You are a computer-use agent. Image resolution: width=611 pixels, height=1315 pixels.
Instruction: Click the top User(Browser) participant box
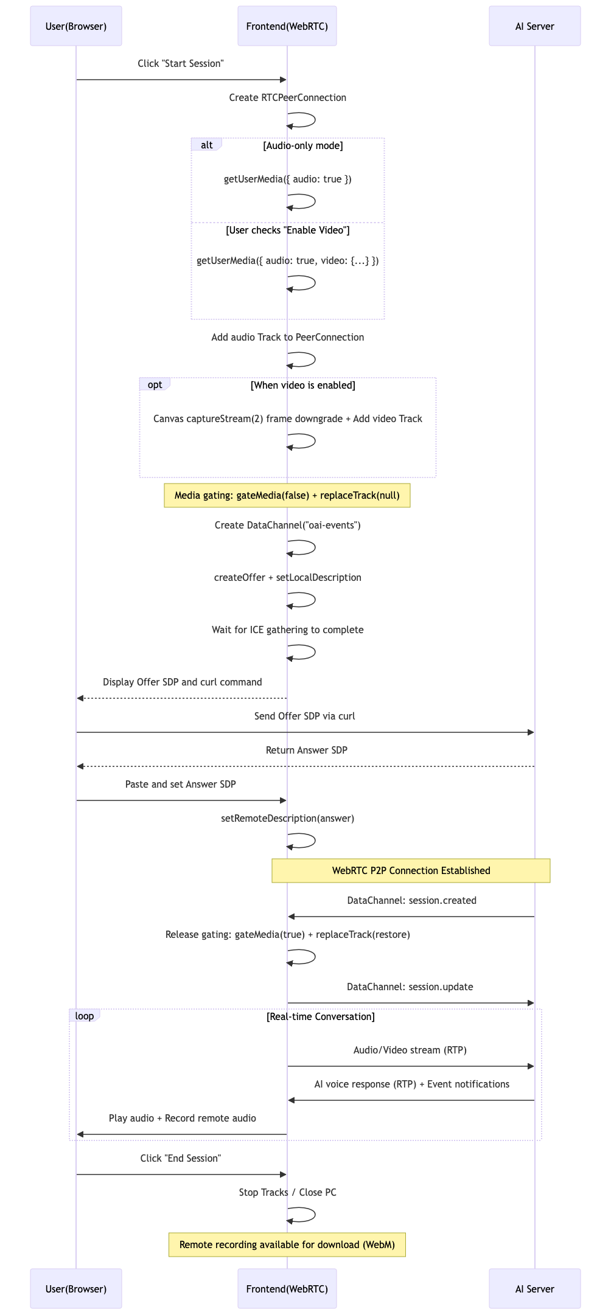click(76, 26)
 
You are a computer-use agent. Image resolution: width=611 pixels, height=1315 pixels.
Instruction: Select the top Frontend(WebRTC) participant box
click(287, 26)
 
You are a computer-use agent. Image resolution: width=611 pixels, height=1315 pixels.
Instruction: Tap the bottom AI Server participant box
click(535, 1289)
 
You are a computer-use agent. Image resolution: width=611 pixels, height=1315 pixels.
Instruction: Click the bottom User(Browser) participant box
click(76, 1289)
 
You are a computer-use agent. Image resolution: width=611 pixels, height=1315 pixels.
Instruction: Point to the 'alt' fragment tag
click(206, 145)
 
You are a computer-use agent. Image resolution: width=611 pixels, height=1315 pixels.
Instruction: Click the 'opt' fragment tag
click(155, 384)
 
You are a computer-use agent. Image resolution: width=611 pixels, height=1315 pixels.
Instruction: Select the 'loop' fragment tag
click(85, 1016)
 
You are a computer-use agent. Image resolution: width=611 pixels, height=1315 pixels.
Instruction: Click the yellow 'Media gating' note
click(287, 495)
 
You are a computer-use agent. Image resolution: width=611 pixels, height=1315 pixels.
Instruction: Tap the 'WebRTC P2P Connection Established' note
click(411, 870)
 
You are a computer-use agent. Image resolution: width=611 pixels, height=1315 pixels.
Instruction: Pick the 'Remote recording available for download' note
click(287, 1244)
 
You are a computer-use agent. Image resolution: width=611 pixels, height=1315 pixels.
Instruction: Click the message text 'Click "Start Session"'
click(181, 64)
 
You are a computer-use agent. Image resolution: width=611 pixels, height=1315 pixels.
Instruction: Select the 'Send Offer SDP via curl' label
click(305, 716)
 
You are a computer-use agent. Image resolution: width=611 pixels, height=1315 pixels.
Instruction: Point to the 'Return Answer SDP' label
click(307, 750)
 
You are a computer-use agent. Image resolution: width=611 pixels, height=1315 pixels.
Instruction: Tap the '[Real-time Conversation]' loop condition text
click(321, 1016)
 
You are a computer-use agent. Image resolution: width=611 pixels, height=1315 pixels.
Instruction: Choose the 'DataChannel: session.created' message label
click(412, 900)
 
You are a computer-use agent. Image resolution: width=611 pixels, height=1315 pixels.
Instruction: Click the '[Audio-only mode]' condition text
click(303, 145)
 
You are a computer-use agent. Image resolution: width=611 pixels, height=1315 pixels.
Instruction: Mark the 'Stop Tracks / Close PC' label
click(288, 1192)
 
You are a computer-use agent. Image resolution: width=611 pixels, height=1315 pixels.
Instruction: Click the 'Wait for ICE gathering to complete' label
click(288, 630)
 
